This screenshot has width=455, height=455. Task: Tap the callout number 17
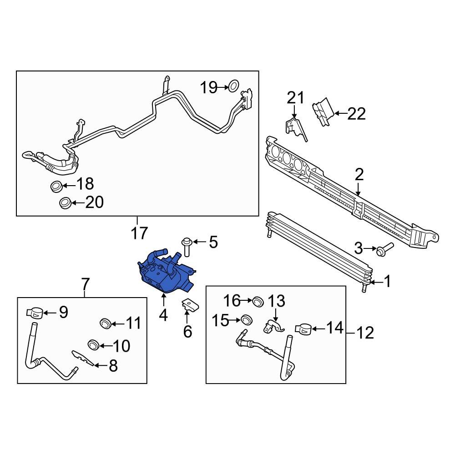coord(140,233)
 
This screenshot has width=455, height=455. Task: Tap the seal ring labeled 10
coord(94,344)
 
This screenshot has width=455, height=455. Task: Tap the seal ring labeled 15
coord(247,320)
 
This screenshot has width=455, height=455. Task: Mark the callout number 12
coord(363,334)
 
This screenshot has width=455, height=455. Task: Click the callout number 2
coord(359,174)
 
